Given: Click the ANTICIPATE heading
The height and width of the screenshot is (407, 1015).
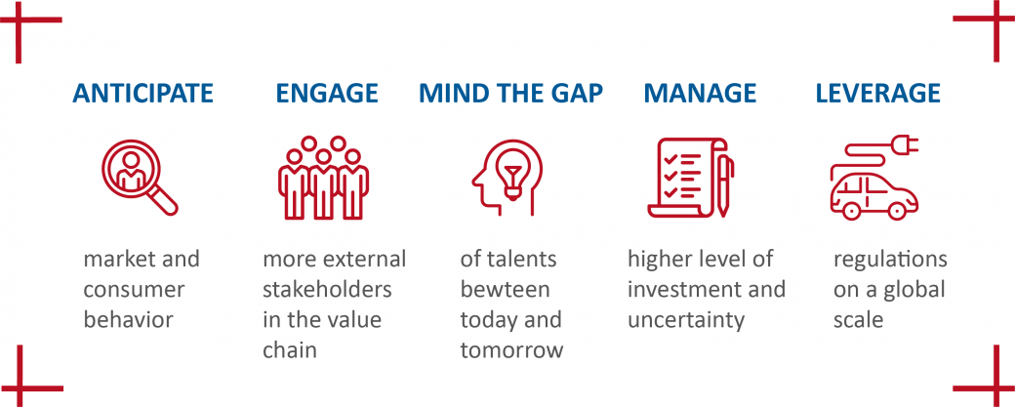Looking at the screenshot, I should [142, 94].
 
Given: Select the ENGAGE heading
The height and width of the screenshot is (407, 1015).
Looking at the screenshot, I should [327, 94].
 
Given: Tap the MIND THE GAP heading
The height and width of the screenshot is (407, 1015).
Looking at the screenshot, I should [510, 94].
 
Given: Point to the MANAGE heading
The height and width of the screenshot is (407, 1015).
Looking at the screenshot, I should [700, 94].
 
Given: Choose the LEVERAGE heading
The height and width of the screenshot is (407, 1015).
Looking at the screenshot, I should [878, 94].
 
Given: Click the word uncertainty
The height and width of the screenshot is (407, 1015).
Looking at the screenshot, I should [685, 320].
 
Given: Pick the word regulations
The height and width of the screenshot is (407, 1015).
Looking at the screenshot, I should [890, 260].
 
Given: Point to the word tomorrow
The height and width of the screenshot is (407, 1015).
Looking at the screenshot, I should [512, 350].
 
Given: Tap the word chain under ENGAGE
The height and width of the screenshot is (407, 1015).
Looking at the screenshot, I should [290, 350].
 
